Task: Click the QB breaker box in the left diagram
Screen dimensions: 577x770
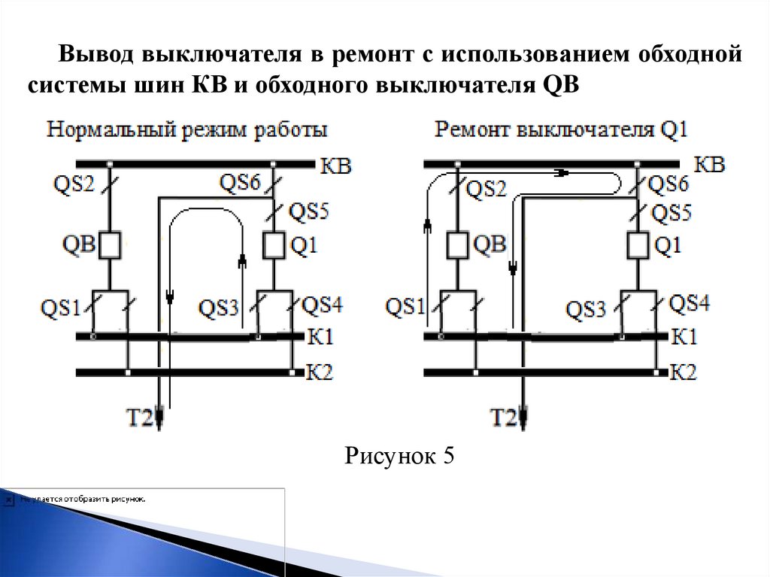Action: [x=111, y=244]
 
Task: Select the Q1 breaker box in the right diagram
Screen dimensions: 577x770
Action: [x=638, y=244]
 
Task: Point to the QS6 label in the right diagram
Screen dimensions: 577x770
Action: [x=668, y=183]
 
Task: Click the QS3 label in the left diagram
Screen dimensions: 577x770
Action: [x=220, y=307]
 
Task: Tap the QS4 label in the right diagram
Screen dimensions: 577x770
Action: [x=690, y=303]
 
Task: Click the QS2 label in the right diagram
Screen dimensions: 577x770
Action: [x=487, y=190]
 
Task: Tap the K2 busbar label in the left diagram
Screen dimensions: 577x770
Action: [x=319, y=372]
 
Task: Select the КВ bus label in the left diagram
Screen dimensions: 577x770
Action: [x=335, y=166]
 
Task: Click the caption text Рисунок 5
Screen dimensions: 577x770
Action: [x=399, y=457]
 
